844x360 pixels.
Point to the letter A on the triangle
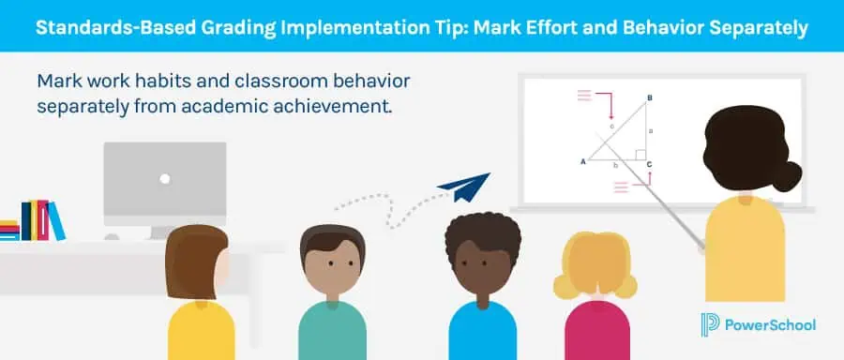click(583, 161)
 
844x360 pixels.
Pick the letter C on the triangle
click(650, 165)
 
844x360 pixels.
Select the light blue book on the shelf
click(57, 221)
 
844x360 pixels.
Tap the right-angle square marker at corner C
click(638, 155)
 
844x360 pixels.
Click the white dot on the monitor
click(165, 178)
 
